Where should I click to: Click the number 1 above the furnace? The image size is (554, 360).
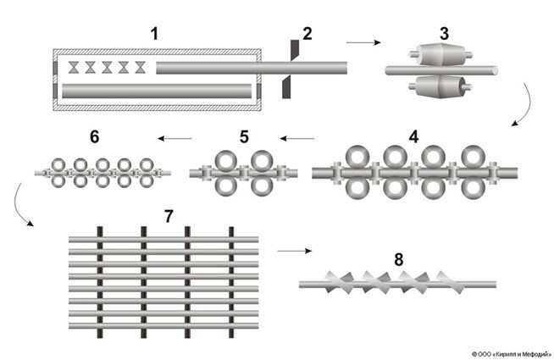coord(154,35)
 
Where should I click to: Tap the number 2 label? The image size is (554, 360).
coord(307,35)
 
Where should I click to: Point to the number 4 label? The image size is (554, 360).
coord(413,136)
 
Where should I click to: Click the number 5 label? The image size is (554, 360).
coord(245,136)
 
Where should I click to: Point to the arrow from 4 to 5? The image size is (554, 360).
coord(297,137)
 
